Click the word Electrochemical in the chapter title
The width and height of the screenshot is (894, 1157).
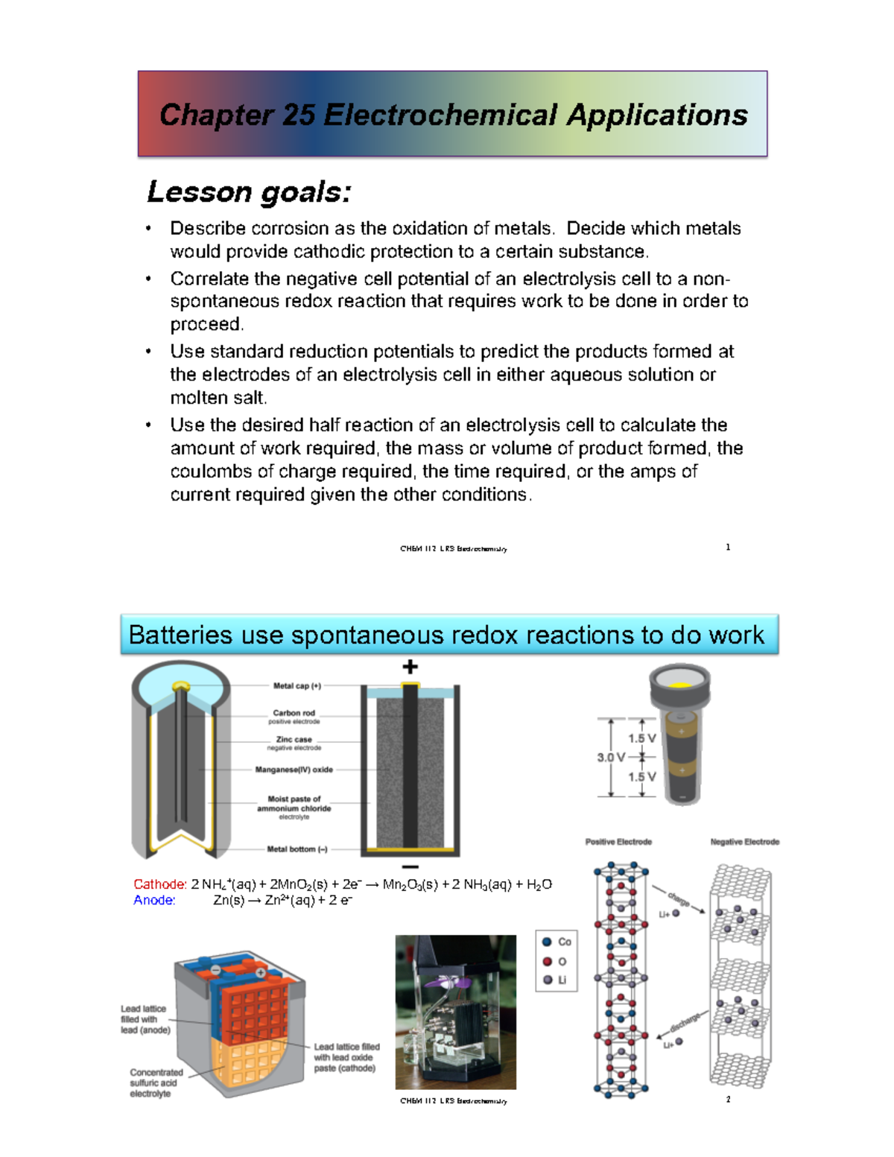coord(440,115)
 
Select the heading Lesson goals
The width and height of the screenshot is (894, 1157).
coord(249,192)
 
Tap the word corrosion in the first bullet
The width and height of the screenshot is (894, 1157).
coord(288,228)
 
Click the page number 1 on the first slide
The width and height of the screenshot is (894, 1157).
coord(728,548)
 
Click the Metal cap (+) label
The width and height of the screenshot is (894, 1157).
coord(297,686)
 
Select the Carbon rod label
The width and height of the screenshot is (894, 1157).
coord(294,713)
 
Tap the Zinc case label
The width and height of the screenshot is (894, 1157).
coord(294,740)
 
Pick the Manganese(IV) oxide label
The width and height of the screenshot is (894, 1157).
coord(294,770)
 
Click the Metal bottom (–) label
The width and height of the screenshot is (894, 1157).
coord(297,849)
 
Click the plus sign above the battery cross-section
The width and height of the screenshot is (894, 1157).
coord(410,667)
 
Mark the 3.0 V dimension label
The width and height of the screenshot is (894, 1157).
coord(611,758)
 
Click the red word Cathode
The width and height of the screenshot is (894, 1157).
coord(160,884)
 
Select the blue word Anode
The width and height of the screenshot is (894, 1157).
coord(154,900)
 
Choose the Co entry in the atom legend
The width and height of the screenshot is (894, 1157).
coord(564,942)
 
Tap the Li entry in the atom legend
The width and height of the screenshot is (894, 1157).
coord(562,980)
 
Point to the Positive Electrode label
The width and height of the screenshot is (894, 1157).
coord(618,842)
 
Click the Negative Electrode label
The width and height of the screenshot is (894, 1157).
coord(744,842)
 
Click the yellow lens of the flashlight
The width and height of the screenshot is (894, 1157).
coord(679,684)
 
